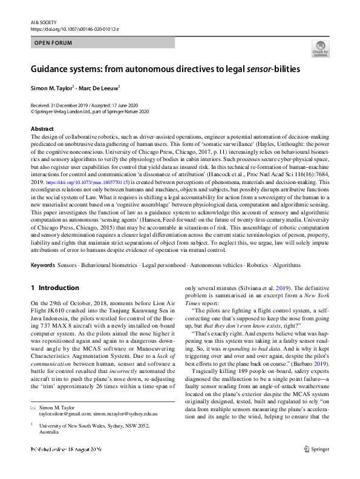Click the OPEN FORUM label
pyautogui.click(x=53, y=43)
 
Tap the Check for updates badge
pyautogui.click(x=320, y=48)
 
